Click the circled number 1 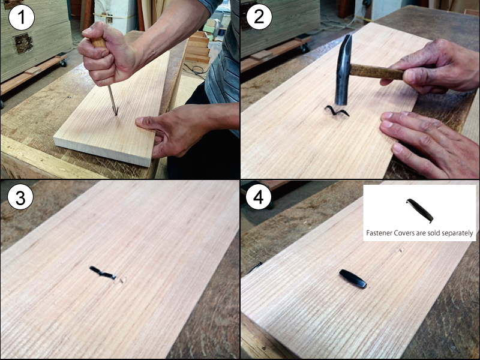click(21, 17)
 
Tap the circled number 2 click(259, 17)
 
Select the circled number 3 click(20, 197)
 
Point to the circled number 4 click(259, 197)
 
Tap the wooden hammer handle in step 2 click(377, 72)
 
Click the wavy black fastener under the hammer click(337, 111)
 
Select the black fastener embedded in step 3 click(103, 273)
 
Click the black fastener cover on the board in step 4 click(353, 278)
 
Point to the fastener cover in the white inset click(420, 211)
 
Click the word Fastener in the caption click(379, 233)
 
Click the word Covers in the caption click(403, 233)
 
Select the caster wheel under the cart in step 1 click(63, 63)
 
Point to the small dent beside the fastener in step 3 click(122, 280)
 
